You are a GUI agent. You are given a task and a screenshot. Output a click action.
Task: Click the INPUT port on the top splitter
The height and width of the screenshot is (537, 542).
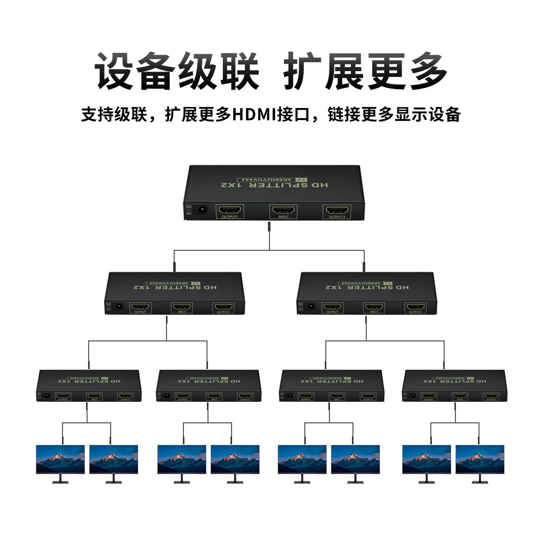click(283, 210)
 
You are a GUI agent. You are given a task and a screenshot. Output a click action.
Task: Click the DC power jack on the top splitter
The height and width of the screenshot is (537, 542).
click(202, 210)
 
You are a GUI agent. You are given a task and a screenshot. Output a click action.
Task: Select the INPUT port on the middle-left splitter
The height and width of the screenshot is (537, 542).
click(181, 307)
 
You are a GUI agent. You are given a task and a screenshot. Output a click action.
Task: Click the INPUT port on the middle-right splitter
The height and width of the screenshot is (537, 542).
click(374, 307)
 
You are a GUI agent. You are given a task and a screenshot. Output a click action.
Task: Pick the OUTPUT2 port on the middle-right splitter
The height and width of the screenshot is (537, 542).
click(415, 307)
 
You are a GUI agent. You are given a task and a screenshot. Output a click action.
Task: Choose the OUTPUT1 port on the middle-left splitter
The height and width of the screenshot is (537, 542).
click(140, 307)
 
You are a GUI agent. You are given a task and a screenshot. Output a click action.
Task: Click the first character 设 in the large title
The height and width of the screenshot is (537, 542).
click(114, 72)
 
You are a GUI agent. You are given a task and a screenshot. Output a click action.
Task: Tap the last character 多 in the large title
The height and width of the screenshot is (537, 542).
click(427, 72)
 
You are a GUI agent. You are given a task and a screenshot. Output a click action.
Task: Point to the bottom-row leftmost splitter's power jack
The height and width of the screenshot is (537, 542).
click(47, 396)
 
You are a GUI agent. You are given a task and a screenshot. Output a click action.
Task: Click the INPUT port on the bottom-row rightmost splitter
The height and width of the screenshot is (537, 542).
click(460, 396)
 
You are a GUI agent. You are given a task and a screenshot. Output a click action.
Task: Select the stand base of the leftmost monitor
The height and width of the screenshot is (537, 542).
click(60, 482)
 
